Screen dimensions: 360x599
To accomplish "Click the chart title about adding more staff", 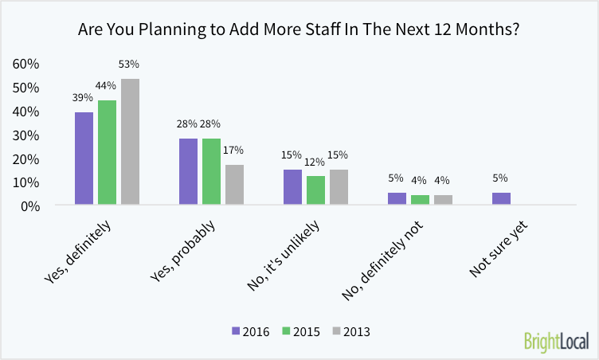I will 299,31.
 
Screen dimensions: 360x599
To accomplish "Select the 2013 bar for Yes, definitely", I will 130,142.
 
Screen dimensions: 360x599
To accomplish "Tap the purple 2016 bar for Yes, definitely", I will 84,158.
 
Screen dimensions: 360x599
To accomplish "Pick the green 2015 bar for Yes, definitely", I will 107,153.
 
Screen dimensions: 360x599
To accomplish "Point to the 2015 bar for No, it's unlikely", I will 315,190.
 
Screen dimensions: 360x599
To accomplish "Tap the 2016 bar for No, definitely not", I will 397,199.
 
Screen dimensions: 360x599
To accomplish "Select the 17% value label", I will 234,150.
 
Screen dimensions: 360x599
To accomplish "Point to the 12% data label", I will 315,164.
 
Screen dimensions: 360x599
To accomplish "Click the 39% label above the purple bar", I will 84,98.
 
